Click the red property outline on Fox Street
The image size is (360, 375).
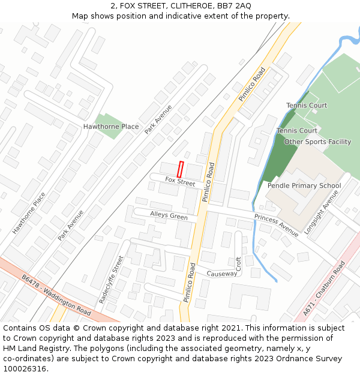[x=181, y=169]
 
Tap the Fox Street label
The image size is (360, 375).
[x=180, y=181]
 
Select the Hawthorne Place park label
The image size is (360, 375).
[x=111, y=127]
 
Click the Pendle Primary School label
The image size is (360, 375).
[x=304, y=185]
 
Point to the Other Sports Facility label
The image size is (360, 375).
[x=317, y=142]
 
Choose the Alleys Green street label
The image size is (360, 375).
[x=169, y=215]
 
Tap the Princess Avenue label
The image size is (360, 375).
[x=276, y=225]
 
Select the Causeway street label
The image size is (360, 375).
[x=221, y=274]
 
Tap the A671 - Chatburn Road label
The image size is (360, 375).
[x=324, y=289]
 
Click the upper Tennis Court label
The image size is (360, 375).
[x=307, y=106]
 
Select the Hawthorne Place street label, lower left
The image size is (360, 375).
[x=29, y=213]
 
